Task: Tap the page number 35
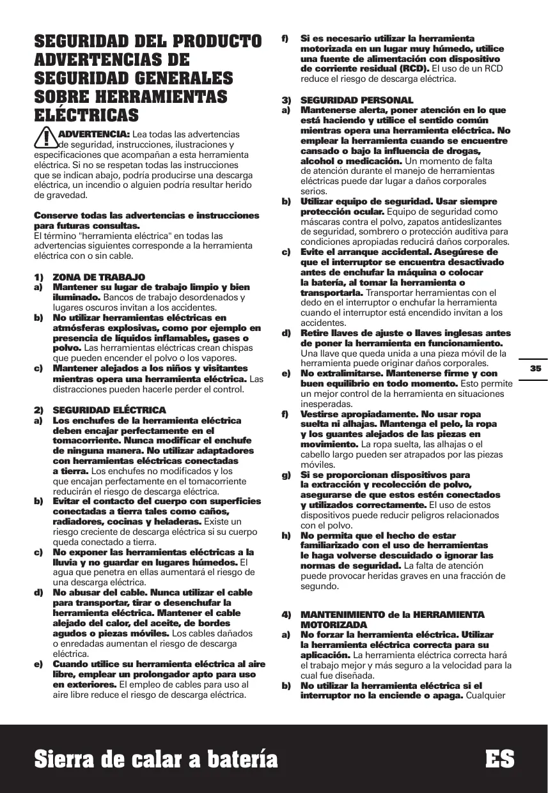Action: (x=535, y=369)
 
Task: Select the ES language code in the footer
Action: (x=499, y=759)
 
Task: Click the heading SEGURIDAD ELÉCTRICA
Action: (x=109, y=410)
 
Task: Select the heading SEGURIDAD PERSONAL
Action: (x=357, y=100)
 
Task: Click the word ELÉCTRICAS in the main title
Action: (x=86, y=116)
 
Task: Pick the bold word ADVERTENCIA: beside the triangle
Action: (x=94, y=134)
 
